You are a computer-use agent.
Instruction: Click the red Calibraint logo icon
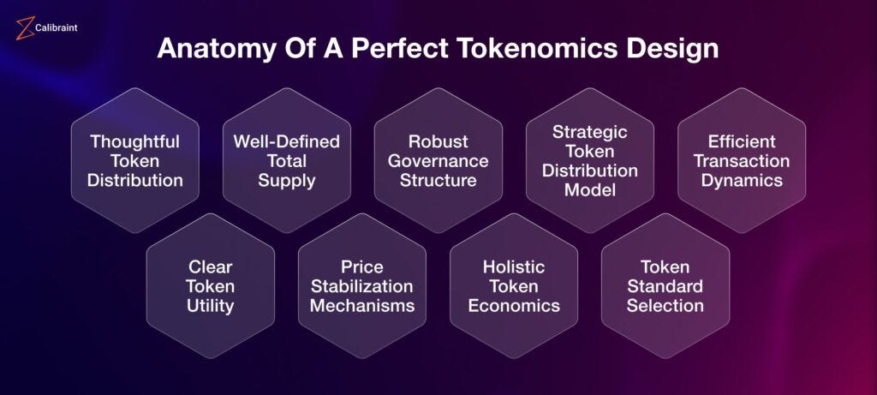(x=25, y=28)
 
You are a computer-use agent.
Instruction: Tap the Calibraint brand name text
(x=56, y=27)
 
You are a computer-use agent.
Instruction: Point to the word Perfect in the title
(x=399, y=48)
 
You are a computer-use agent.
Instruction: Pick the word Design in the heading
(x=671, y=49)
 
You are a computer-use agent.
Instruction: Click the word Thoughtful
(x=134, y=142)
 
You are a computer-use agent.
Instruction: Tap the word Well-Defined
(x=286, y=141)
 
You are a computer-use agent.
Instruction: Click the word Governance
(x=438, y=161)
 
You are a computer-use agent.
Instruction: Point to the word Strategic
(x=590, y=133)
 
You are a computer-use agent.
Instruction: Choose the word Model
(x=590, y=189)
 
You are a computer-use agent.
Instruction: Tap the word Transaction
(x=742, y=161)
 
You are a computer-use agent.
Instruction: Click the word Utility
(x=211, y=307)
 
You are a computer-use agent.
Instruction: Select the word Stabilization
(x=362, y=286)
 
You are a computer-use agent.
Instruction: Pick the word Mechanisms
(x=362, y=306)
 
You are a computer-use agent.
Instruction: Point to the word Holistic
(x=514, y=266)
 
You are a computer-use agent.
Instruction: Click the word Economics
(x=514, y=306)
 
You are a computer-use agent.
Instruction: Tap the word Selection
(x=665, y=306)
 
